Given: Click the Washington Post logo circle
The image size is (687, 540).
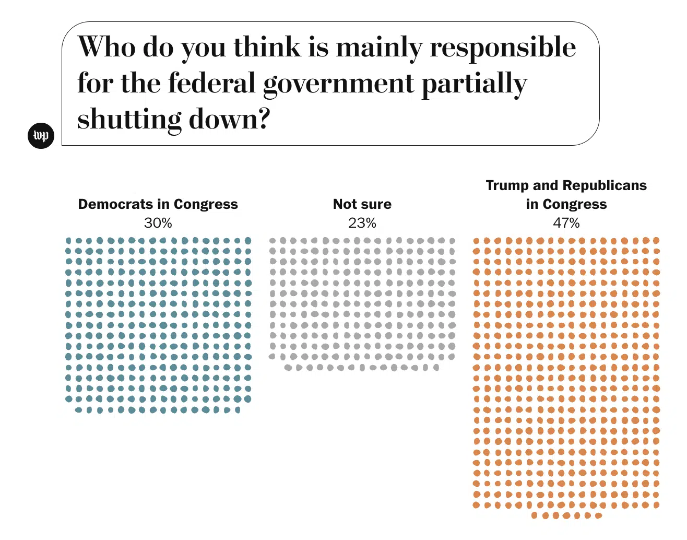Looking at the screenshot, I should pyautogui.click(x=41, y=136).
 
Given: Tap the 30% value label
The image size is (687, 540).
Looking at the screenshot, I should pyautogui.click(x=158, y=223).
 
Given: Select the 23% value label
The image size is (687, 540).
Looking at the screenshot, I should pyautogui.click(x=362, y=223).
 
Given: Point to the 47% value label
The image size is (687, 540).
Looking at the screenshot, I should pyautogui.click(x=566, y=223).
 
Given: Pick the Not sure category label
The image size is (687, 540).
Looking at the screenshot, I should pyautogui.click(x=362, y=204).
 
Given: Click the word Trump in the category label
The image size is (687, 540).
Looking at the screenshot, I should pyautogui.click(x=507, y=185).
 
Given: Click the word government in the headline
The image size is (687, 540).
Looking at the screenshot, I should pyautogui.click(x=338, y=84).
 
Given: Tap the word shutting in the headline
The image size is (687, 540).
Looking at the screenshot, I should pyautogui.click(x=129, y=120).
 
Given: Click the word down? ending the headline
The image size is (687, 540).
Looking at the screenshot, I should pyautogui.click(x=229, y=120).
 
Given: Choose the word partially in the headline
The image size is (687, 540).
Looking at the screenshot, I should pyautogui.click(x=474, y=84).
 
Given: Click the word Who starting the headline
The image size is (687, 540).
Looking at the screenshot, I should pyautogui.click(x=106, y=48).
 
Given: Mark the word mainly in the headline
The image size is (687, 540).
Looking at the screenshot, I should pyautogui.click(x=378, y=48).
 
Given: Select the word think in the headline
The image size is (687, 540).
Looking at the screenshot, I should pyautogui.click(x=267, y=48).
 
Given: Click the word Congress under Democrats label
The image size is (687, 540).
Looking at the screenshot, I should pyautogui.click(x=206, y=204).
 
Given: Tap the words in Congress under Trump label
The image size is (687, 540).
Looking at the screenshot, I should pyautogui.click(x=566, y=204).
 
